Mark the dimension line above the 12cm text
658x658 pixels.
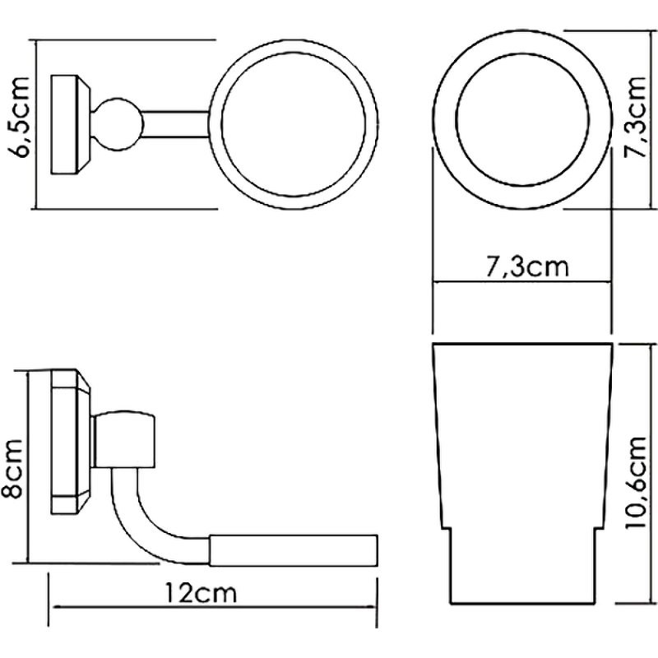click(x=214, y=609)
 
